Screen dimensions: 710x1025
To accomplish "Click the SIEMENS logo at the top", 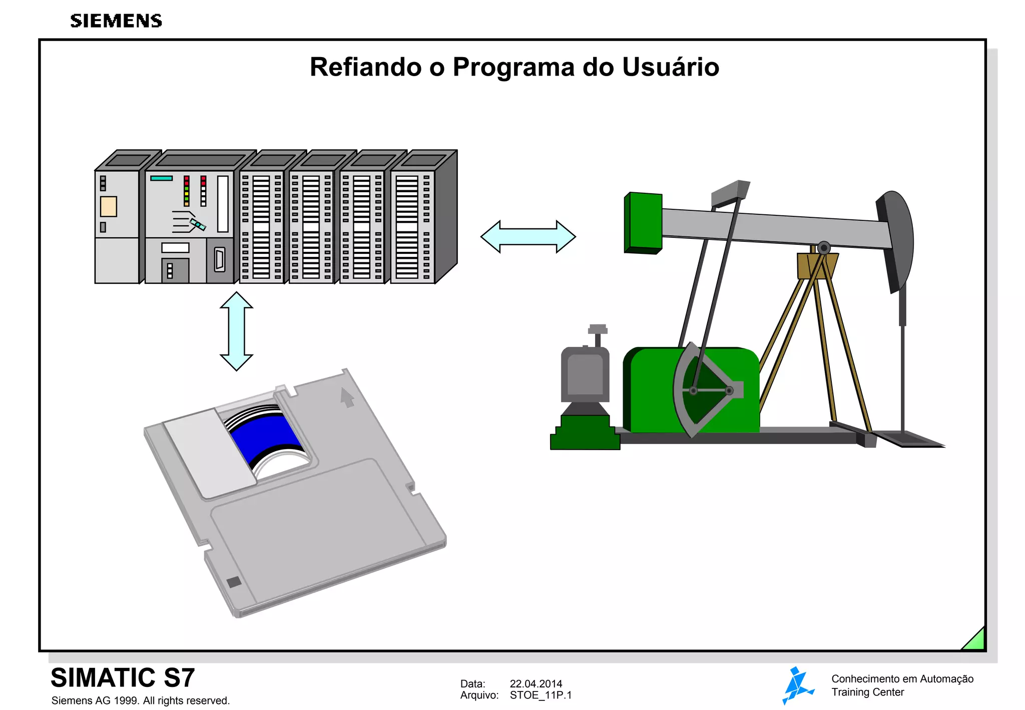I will (x=116, y=21).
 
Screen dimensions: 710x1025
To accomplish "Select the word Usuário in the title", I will (x=671, y=67).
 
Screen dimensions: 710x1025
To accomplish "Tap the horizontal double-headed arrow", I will (x=528, y=236).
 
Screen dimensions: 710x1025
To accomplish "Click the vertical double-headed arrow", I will (x=236, y=331).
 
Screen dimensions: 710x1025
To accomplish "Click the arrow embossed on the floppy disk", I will (x=347, y=398).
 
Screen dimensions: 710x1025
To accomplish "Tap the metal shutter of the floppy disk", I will (x=209, y=452).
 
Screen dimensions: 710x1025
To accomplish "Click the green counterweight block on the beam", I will (x=644, y=222).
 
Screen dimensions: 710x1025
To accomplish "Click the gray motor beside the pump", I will (x=585, y=373).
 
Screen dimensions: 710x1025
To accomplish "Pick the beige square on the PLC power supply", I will (x=108, y=206).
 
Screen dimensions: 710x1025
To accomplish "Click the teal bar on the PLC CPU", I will (x=161, y=178).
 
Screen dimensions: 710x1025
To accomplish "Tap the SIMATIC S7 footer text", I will (x=123, y=677).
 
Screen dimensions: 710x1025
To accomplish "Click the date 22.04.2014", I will (x=536, y=683).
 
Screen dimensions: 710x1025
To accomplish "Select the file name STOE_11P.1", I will (x=541, y=695).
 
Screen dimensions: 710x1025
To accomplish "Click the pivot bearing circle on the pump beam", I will (x=824, y=248).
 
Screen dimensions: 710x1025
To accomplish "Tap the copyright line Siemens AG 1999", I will (x=140, y=700).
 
